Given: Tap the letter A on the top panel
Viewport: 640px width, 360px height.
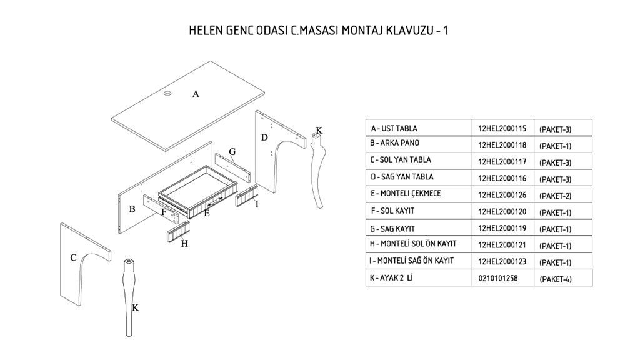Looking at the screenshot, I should tap(196, 94).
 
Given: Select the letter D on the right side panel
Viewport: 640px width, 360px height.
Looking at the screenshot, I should tap(264, 137).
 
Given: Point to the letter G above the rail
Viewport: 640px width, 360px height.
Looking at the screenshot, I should tap(232, 152).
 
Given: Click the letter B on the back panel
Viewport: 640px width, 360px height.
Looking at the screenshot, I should tap(132, 209).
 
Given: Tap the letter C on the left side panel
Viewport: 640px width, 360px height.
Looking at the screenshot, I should tap(73, 257).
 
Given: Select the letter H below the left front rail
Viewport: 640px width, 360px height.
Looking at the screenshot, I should tap(184, 244).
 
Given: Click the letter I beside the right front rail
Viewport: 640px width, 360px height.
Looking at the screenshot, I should tap(257, 204).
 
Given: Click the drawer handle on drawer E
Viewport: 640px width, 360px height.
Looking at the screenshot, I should tap(215, 201).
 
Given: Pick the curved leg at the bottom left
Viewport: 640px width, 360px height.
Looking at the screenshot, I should tap(128, 294).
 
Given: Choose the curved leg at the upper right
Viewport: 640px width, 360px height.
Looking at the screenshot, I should tap(320, 169).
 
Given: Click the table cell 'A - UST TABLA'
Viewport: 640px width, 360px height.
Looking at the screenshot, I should tap(394, 128).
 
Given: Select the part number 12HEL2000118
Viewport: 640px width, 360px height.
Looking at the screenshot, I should tap(502, 145).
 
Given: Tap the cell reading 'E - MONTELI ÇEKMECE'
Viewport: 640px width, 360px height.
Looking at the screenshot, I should tap(406, 194).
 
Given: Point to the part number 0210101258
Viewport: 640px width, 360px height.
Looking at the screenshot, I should tap(498, 278).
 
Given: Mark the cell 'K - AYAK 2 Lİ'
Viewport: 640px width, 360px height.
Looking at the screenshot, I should tap(392, 277).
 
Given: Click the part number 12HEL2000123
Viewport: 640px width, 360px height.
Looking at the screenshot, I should tap(502, 261).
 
